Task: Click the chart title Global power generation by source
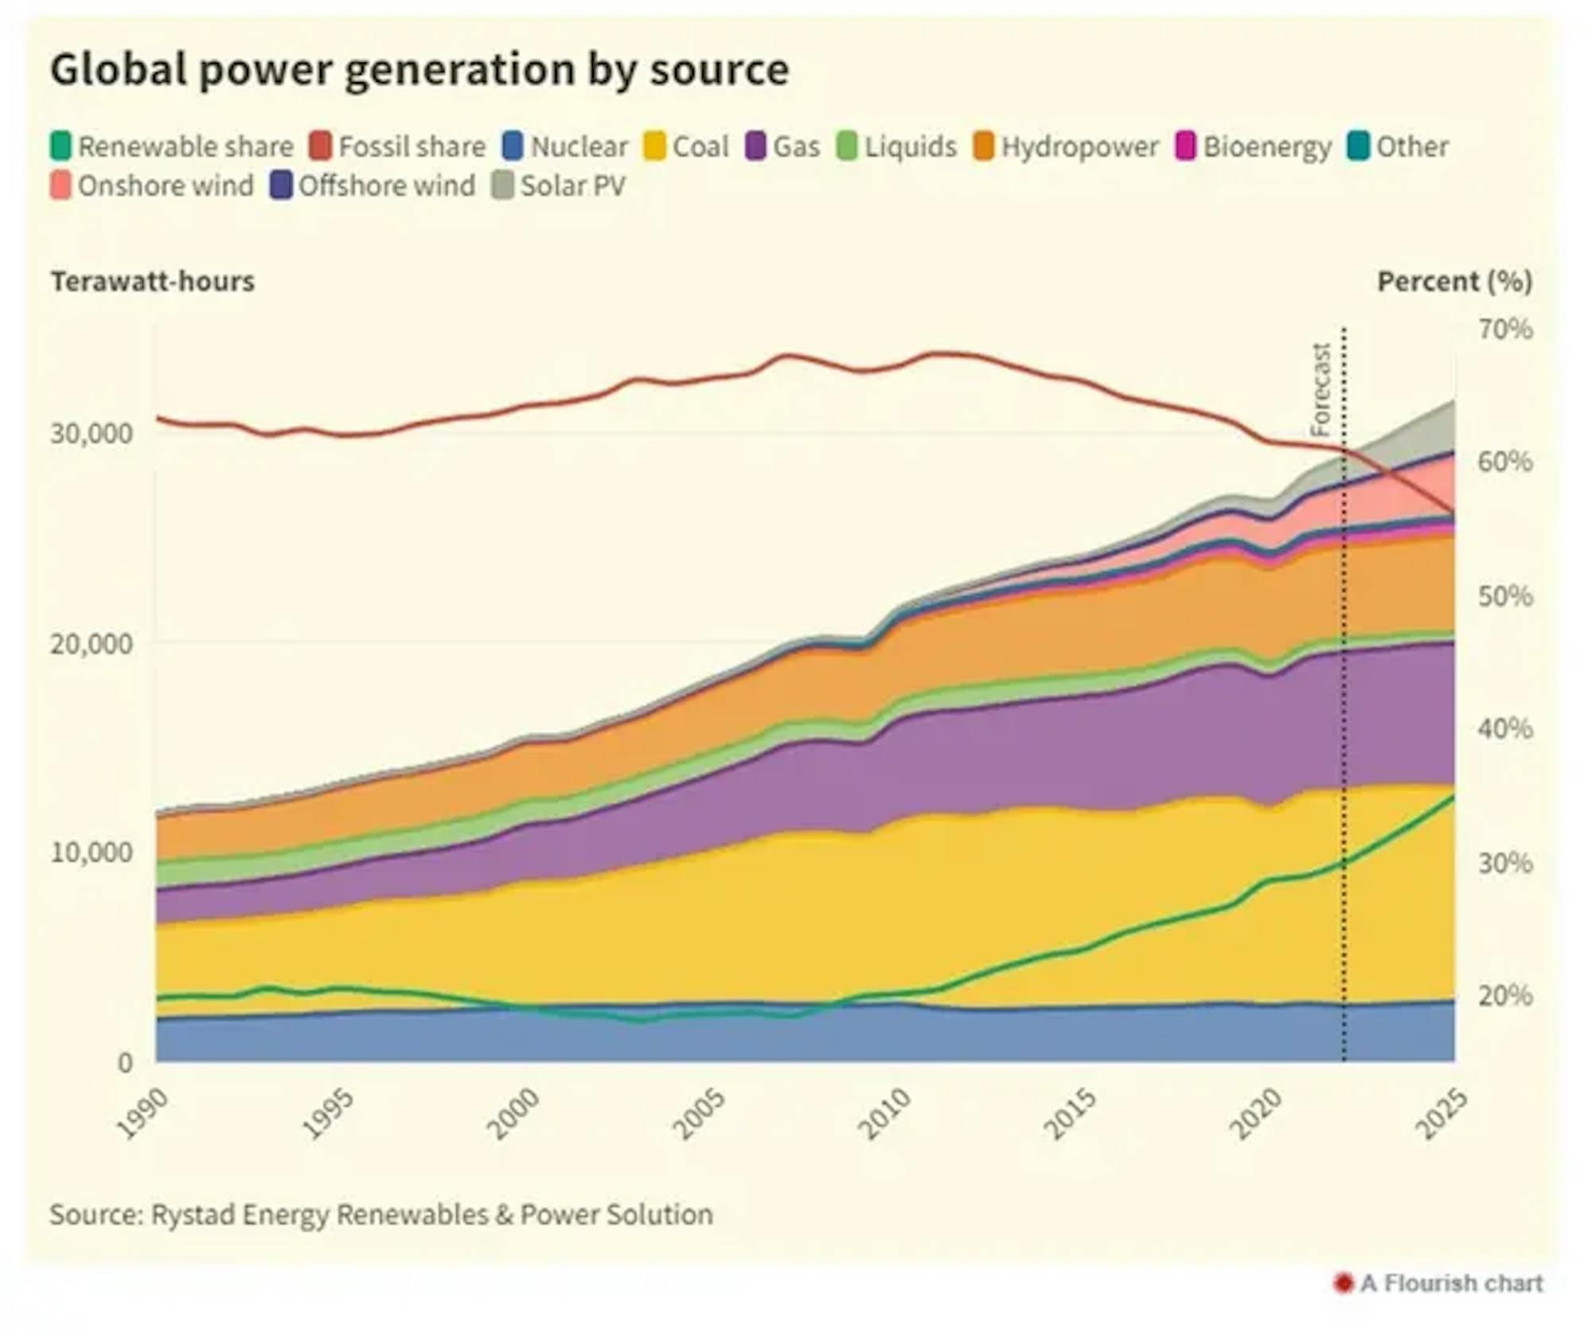(x=419, y=69)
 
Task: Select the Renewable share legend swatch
(x=60, y=146)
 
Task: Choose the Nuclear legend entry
(x=566, y=146)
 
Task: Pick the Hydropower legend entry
(x=1066, y=146)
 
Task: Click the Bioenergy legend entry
(x=1254, y=146)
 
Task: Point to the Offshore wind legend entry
(x=373, y=185)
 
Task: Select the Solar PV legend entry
(x=560, y=185)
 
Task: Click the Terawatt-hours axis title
(x=153, y=281)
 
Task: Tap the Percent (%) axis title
(x=1454, y=281)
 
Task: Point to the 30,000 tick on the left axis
(x=92, y=433)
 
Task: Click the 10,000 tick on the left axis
(x=92, y=852)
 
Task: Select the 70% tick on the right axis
(x=1505, y=329)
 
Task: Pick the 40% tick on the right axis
(x=1505, y=728)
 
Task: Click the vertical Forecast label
(x=1321, y=389)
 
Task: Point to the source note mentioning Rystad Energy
(x=381, y=1215)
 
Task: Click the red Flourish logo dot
(x=1344, y=1283)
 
